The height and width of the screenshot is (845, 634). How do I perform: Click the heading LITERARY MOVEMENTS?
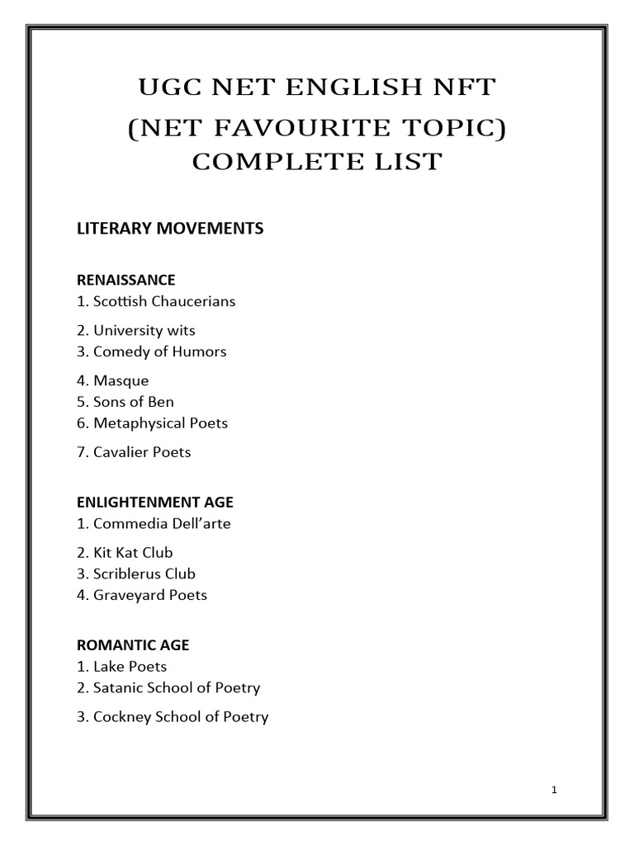pos(170,229)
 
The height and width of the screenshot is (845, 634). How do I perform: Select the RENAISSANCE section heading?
pos(125,280)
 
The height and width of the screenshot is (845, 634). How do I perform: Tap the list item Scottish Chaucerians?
pos(156,301)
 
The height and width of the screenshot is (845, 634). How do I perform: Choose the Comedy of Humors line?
pos(151,352)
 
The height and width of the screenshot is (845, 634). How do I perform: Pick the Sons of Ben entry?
pos(125,402)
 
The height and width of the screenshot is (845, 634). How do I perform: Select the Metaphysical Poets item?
pos(152,423)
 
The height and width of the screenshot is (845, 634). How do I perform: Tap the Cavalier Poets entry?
pos(134,452)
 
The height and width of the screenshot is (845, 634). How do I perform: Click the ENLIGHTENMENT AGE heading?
pos(155,502)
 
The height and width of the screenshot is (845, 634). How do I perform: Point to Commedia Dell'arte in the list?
pos(154,523)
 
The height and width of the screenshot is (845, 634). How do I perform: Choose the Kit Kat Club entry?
pos(125,552)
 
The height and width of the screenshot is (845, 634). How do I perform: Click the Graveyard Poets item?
pos(142,595)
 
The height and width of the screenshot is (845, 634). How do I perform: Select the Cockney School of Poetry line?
pos(173,716)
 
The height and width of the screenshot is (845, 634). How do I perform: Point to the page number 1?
pos(555,790)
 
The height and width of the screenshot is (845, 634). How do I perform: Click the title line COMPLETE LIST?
pos(317,161)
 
